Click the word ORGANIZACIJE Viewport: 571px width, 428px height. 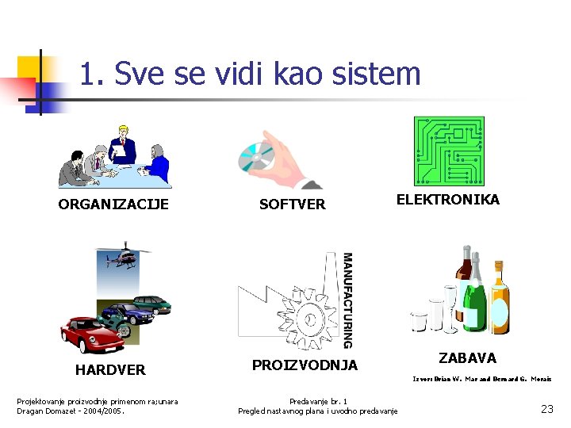click(113, 204)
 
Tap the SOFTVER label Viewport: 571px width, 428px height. click(293, 204)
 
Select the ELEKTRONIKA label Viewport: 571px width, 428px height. click(448, 200)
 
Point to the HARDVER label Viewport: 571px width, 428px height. click(110, 370)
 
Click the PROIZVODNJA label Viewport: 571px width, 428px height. click(305, 365)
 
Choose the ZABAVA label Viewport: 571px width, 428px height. click(467, 358)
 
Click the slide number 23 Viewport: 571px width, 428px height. click(546, 409)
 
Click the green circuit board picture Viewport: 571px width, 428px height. click(448, 151)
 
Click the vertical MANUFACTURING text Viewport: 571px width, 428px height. click(347, 300)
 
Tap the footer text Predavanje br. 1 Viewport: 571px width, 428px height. click(318, 401)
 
